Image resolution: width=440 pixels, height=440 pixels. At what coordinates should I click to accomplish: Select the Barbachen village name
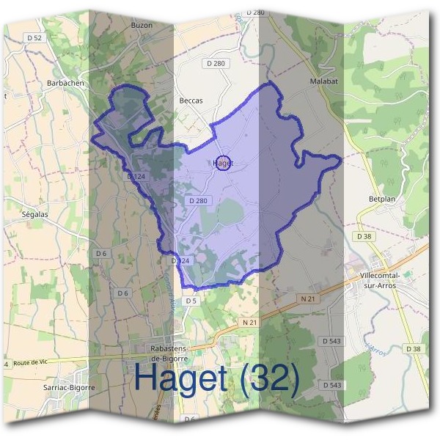[65, 84]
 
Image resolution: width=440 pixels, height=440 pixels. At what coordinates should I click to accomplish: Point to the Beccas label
[191, 100]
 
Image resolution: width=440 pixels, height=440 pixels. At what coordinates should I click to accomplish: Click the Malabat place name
[323, 81]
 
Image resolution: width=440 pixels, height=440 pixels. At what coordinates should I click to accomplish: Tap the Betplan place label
[381, 198]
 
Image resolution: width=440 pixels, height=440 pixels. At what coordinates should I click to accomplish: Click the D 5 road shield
[191, 301]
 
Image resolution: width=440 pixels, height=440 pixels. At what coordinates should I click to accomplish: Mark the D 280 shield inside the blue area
[199, 200]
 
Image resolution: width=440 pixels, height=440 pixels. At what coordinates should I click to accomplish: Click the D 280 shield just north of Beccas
[217, 64]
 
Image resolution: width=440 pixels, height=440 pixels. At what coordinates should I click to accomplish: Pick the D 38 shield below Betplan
[364, 236]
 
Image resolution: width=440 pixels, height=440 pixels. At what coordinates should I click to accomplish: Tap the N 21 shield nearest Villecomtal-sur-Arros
[308, 298]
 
